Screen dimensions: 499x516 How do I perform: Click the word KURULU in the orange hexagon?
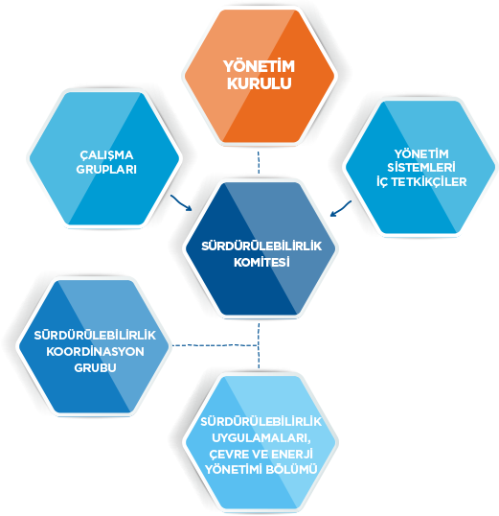pos(259,83)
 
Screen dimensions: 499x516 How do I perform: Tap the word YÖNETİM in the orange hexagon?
pos(259,66)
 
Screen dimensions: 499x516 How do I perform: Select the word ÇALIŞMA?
pos(106,155)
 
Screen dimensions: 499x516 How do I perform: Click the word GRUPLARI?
pos(106,170)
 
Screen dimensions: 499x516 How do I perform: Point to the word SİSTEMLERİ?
pos(421,167)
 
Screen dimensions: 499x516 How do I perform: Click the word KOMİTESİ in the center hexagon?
pos(261,262)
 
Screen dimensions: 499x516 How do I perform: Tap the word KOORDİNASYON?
pos(95,351)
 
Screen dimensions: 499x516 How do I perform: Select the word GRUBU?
pos(95,367)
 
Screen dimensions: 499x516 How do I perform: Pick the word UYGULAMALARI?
pos(261,438)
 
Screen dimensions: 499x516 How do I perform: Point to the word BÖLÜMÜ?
pos(291,469)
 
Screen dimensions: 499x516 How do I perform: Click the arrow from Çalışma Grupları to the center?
pos(181,203)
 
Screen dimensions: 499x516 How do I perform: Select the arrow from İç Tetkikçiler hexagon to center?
pos(341,209)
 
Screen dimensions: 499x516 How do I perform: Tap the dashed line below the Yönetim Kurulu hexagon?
pos(259,162)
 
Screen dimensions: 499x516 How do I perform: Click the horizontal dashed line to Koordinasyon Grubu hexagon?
pos(215,345)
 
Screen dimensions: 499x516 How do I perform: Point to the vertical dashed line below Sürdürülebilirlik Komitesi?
pos(259,346)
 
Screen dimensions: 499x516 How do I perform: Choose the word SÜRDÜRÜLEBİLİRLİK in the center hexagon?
pos(261,246)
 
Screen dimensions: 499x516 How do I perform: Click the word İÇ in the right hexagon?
pos(383,181)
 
